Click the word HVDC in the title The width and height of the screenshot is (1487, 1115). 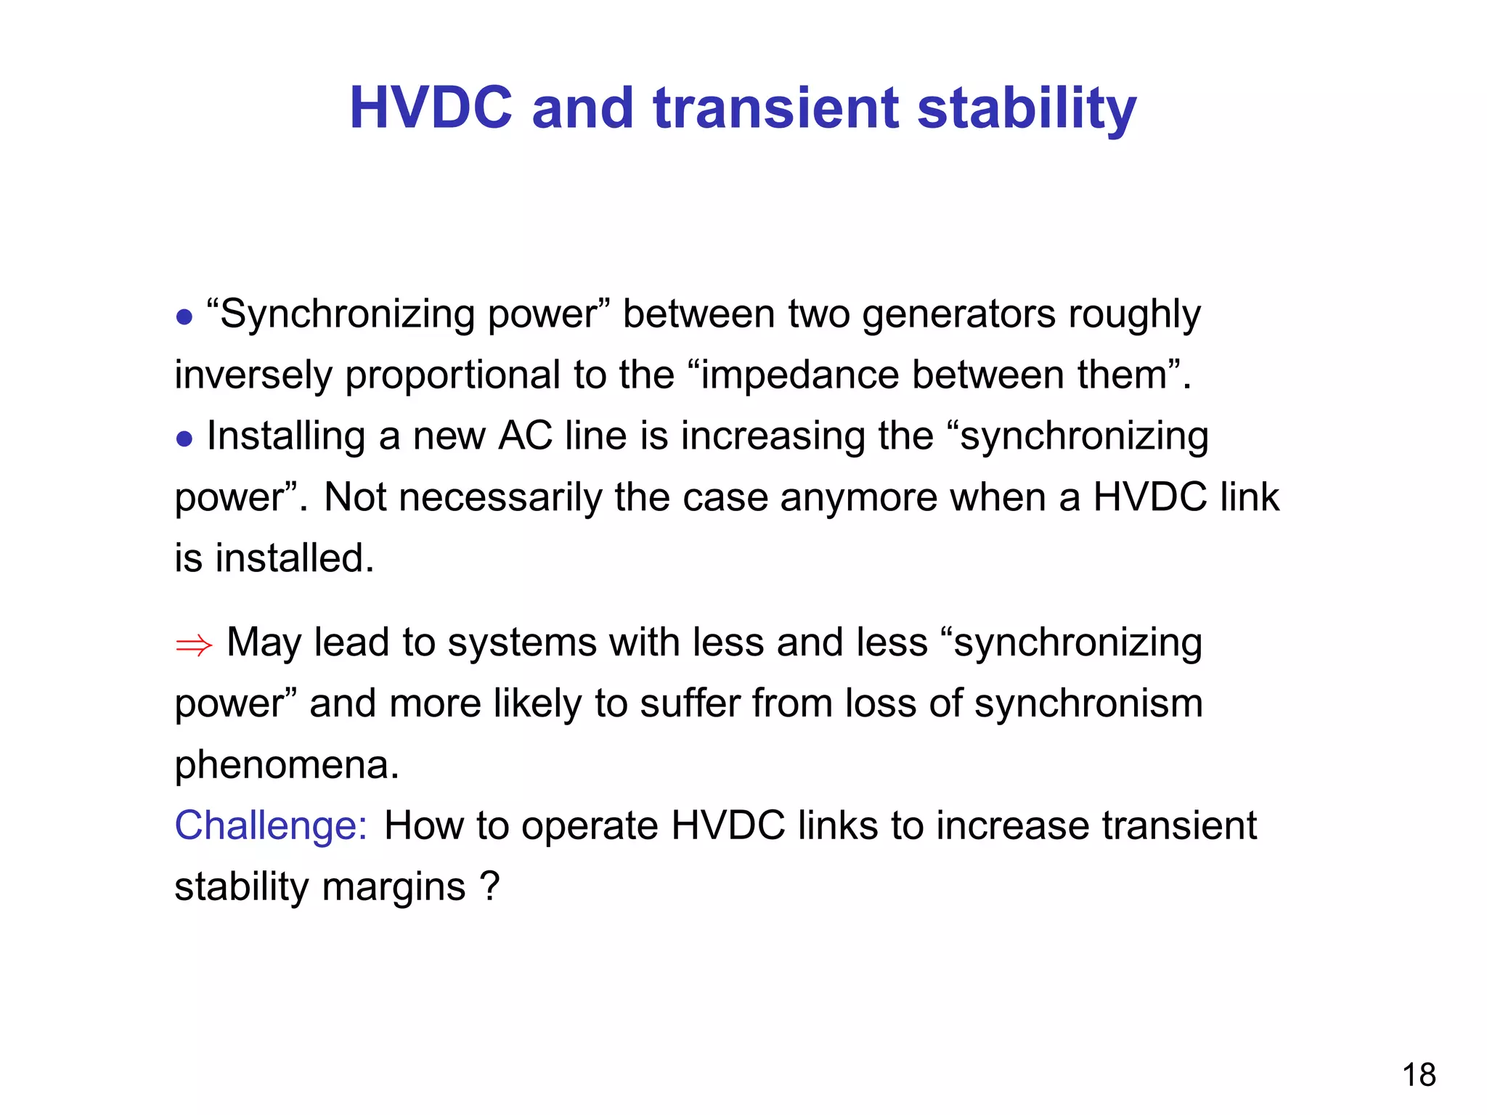tap(431, 108)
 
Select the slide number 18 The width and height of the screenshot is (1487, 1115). tap(1418, 1075)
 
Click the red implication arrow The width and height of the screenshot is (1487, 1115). tap(194, 645)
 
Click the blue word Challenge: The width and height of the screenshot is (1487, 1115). tap(271, 826)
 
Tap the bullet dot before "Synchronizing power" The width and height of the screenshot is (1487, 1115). tap(184, 317)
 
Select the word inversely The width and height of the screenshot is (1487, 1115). tap(253, 376)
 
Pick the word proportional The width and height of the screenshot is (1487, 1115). tap(452, 376)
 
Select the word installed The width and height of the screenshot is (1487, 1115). tap(294, 558)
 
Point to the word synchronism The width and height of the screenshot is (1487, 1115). tap(1088, 704)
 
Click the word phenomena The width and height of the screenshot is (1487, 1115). tap(287, 765)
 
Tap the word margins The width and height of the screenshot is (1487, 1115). tap(393, 887)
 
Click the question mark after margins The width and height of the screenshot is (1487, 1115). tap(490, 886)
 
